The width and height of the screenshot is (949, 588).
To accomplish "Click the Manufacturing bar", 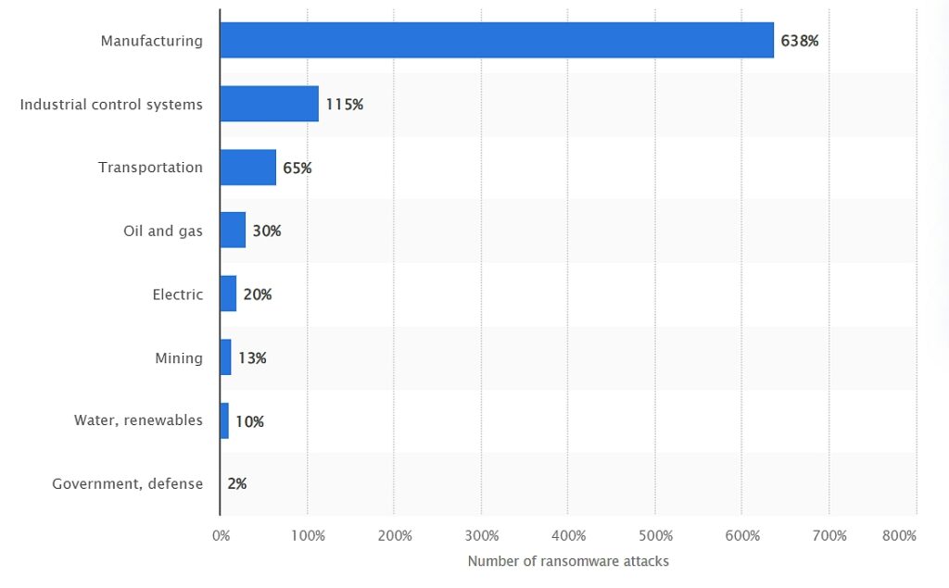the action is (x=497, y=41).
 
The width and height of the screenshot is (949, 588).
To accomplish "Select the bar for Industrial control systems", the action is (x=270, y=104).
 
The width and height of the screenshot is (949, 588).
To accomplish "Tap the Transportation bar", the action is (x=248, y=168).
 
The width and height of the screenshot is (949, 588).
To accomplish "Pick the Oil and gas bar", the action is (x=233, y=231).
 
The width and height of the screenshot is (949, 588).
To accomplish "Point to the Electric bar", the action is (x=228, y=294).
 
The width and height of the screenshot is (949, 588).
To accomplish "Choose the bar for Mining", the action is (x=226, y=357).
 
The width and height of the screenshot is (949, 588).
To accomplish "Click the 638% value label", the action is (x=800, y=41).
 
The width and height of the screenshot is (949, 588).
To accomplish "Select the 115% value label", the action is (x=345, y=105).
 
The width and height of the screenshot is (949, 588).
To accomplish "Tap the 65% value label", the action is (x=297, y=169).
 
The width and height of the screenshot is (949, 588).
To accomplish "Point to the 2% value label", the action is (x=237, y=484).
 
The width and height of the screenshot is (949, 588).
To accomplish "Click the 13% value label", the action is (x=252, y=358).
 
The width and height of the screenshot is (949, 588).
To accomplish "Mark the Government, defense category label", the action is (x=127, y=484).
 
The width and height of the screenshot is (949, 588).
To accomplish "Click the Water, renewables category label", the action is (x=138, y=420).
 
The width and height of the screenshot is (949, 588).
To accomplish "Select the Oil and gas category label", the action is (x=163, y=231).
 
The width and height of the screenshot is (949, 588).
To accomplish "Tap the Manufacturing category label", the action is (x=151, y=41).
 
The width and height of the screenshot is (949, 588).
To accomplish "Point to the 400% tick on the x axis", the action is (x=568, y=536).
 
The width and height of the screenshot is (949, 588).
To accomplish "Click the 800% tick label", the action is (x=899, y=536).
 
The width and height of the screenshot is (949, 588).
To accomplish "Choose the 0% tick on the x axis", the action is (x=221, y=536).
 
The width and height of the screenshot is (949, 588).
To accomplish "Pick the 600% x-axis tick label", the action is (x=742, y=536).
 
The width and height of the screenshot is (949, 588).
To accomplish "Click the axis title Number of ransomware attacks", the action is (x=568, y=561).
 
